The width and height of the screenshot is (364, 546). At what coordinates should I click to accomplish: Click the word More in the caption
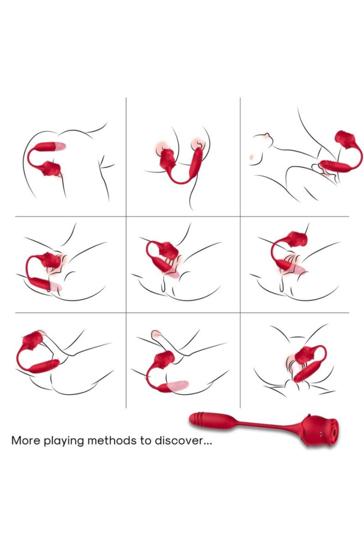(x=25, y=440)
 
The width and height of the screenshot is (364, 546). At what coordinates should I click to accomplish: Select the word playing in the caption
(x=63, y=441)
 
